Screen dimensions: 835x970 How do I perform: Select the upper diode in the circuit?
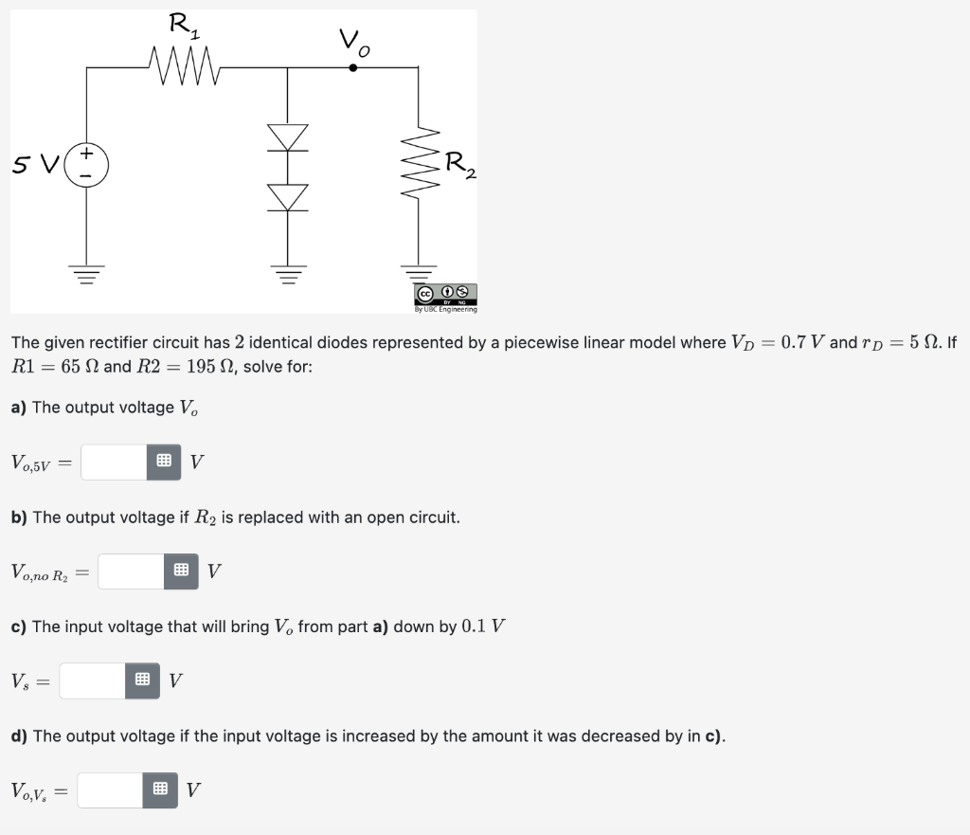point(289,136)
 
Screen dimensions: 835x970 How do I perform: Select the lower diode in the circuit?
point(289,196)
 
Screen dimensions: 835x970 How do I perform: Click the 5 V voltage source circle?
point(86,165)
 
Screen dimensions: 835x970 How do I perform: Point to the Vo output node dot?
point(353,67)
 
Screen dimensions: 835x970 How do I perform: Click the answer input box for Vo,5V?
point(114,463)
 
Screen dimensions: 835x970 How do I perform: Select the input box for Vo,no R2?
point(131,572)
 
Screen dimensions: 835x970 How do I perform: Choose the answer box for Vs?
point(92,681)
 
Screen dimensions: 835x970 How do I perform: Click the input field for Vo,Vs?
point(110,790)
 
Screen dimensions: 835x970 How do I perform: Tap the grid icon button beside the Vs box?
point(142,681)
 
